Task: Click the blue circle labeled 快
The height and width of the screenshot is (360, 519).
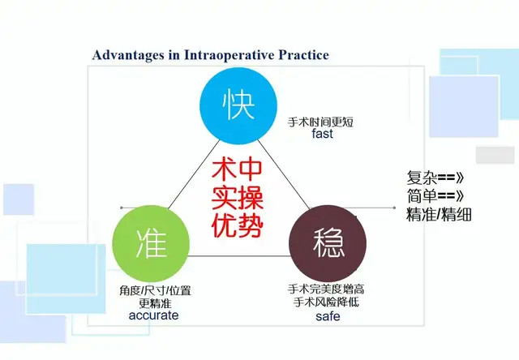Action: pyautogui.click(x=238, y=106)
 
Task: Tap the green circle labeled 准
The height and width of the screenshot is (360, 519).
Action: pyautogui.click(x=151, y=244)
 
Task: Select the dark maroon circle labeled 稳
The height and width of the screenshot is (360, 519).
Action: pyautogui.click(x=328, y=244)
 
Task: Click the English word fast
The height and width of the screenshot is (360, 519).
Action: pyautogui.click(x=322, y=134)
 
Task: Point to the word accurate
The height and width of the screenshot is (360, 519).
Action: pyautogui.click(x=153, y=315)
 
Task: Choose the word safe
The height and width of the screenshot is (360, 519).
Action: pyautogui.click(x=328, y=316)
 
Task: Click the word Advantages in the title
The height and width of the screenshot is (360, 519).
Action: pyautogui.click(x=128, y=55)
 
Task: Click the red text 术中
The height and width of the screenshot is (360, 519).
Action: pyautogui.click(x=237, y=169)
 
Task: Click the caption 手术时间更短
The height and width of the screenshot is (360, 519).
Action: pyautogui.click(x=320, y=122)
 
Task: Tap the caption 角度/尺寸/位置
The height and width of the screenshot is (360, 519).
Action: pyautogui.click(x=155, y=290)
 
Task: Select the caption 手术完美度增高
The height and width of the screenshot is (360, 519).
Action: pyautogui.click(x=326, y=289)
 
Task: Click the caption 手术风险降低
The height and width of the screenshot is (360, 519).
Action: pyautogui.click(x=326, y=302)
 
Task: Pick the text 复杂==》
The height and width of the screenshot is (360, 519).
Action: pyautogui.click(x=435, y=178)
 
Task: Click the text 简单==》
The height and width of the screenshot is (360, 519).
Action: pyautogui.click(x=435, y=196)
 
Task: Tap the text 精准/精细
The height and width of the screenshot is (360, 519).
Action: pyautogui.click(x=439, y=214)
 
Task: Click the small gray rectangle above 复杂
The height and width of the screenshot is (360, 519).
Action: pyautogui.click(x=495, y=155)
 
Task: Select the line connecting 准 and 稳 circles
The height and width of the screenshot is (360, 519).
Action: pyautogui.click(x=239, y=255)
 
